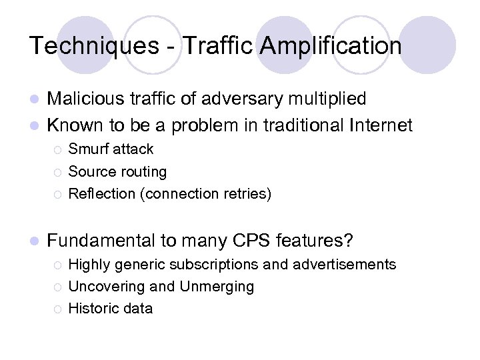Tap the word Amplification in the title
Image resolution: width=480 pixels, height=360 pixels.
pyautogui.click(x=331, y=46)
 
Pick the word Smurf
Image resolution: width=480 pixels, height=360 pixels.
pyautogui.click(x=89, y=149)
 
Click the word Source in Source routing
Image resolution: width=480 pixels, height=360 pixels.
pyautogui.click(x=90, y=172)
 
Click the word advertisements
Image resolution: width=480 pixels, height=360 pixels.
pyautogui.click(x=343, y=265)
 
